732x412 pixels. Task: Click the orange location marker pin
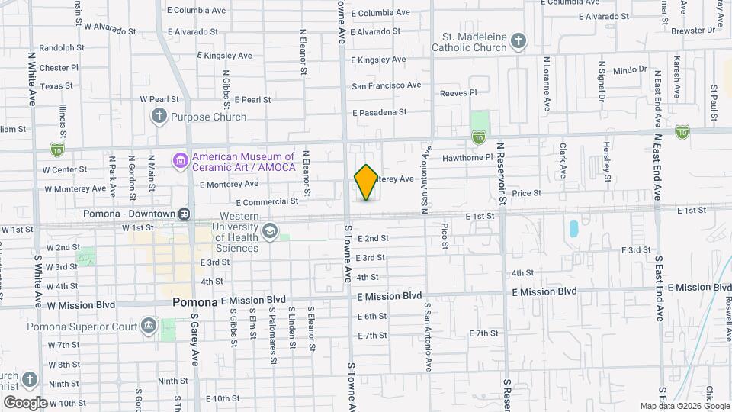366,182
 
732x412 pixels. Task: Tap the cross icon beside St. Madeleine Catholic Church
518,40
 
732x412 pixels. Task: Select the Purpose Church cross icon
159,117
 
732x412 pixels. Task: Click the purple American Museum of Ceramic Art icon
180,161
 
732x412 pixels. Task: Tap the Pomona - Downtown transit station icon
185,214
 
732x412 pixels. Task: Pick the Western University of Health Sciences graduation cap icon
268,230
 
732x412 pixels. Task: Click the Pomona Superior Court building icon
148,327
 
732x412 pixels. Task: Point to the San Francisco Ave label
386,85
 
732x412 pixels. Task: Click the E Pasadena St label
379,112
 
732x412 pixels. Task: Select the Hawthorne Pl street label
468,158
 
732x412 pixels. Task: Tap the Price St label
526,194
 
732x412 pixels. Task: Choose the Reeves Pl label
458,93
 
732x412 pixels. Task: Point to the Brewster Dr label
694,31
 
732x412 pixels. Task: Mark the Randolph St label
61,47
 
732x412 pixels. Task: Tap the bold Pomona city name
195,301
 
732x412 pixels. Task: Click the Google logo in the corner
25,402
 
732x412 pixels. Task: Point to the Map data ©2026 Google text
685,406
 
